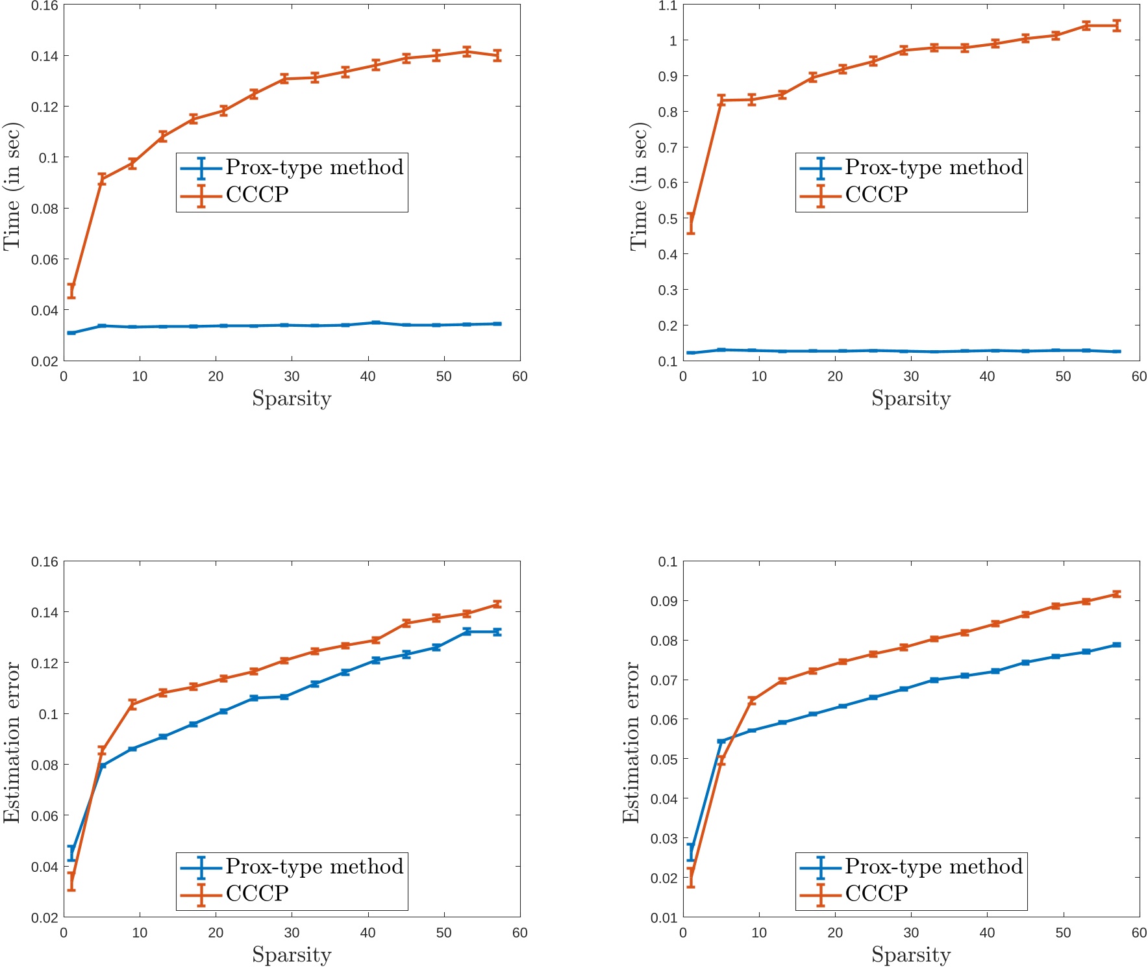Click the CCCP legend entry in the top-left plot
(x=257, y=195)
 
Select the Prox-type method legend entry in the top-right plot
(x=933, y=168)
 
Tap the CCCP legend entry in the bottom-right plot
(x=877, y=893)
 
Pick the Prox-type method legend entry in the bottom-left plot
(x=314, y=867)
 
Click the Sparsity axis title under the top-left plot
(x=292, y=398)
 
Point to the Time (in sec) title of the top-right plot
(x=640, y=186)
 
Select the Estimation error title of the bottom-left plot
(x=12, y=742)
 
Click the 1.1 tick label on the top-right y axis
(x=668, y=6)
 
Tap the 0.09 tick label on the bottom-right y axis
(x=664, y=602)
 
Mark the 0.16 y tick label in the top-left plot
(x=45, y=6)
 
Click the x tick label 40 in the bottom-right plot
(x=987, y=933)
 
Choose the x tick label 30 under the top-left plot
(x=292, y=377)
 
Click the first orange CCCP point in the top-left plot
(x=71, y=290)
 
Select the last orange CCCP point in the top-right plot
(x=1116, y=26)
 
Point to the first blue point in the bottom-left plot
(x=71, y=853)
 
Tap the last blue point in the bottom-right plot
(x=1116, y=644)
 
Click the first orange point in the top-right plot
(x=691, y=223)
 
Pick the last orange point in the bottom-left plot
(x=497, y=604)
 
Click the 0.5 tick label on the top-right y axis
(x=668, y=219)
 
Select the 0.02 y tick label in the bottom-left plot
(x=45, y=917)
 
